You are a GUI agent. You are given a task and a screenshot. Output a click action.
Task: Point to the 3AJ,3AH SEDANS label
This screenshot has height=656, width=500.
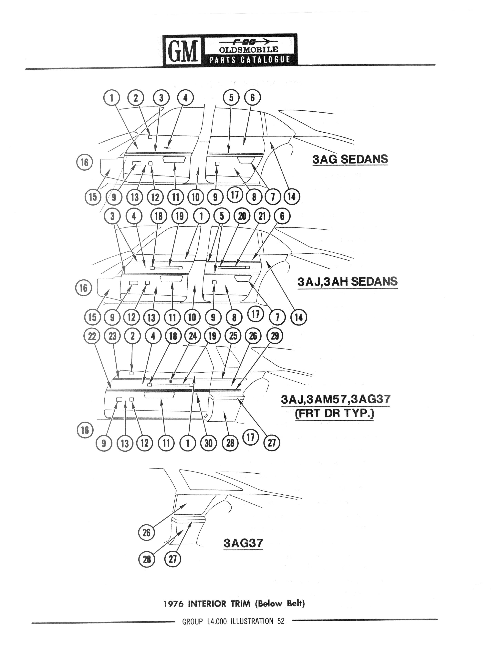(x=347, y=281)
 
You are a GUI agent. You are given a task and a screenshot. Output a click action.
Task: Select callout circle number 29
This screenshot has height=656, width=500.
(x=275, y=336)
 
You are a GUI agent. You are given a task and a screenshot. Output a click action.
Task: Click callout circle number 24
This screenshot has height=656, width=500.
(x=193, y=336)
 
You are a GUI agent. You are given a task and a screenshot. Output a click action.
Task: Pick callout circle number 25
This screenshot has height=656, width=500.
(x=233, y=336)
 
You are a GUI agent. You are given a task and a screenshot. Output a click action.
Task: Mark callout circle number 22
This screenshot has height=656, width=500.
(x=92, y=336)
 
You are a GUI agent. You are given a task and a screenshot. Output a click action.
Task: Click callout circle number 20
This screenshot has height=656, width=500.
(x=242, y=216)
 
